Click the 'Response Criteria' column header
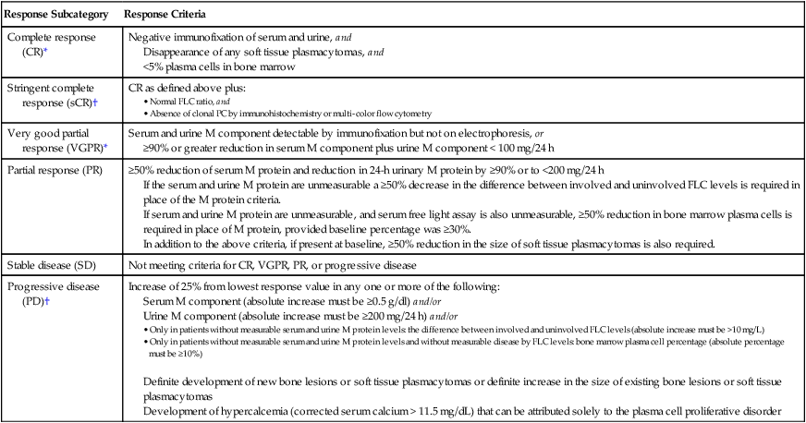click(x=165, y=17)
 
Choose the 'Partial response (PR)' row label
click(x=52, y=171)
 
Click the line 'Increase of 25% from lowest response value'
click(x=313, y=287)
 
